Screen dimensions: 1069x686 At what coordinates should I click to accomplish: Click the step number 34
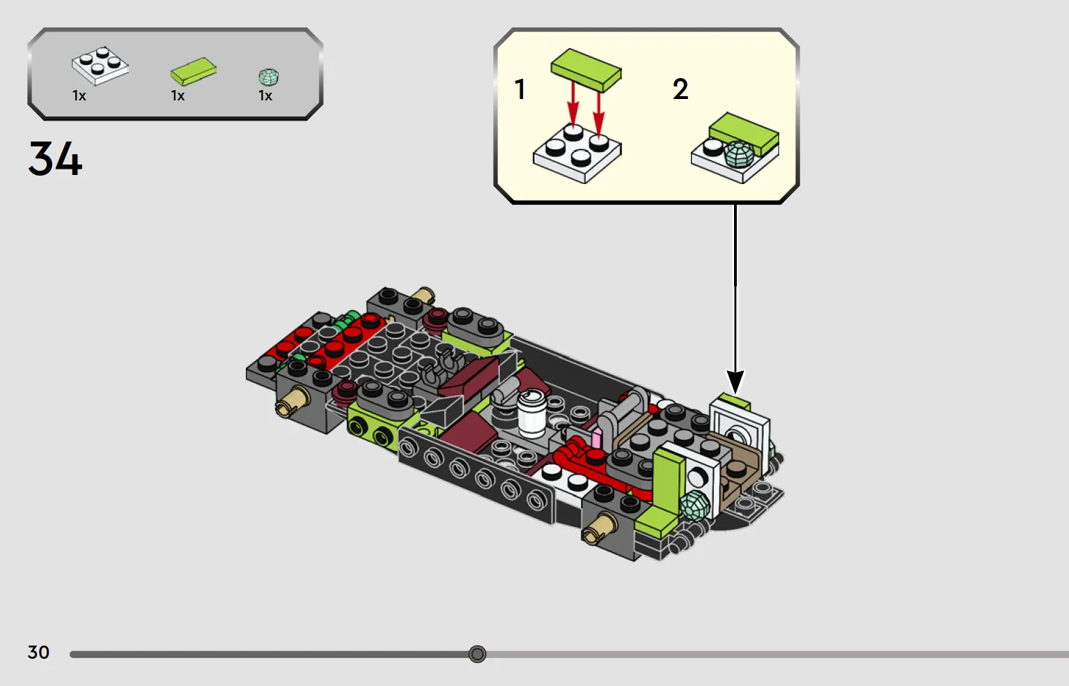(55, 158)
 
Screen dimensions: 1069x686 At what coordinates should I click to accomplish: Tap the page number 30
(39, 653)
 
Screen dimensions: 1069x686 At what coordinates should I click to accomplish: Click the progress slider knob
(477, 654)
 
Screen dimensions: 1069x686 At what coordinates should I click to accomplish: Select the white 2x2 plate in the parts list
(100, 66)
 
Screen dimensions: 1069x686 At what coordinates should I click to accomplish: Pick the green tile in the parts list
(194, 71)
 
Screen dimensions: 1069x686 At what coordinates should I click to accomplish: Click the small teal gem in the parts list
(269, 77)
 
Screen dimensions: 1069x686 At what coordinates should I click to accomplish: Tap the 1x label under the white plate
(79, 96)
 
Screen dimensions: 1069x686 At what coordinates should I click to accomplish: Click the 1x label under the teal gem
(265, 96)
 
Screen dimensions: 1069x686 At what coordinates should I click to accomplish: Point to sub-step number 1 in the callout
(520, 89)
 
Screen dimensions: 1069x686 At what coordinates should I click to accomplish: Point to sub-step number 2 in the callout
(680, 89)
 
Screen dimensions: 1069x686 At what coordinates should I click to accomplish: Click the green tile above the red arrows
(586, 70)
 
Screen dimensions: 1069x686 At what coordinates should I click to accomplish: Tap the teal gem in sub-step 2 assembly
(739, 154)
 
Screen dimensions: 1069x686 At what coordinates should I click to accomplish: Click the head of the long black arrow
(735, 382)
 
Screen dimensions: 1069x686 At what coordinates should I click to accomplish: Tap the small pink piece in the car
(597, 439)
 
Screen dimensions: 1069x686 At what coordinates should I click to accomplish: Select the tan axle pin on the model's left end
(292, 402)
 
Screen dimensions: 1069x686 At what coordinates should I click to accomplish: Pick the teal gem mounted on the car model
(695, 505)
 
